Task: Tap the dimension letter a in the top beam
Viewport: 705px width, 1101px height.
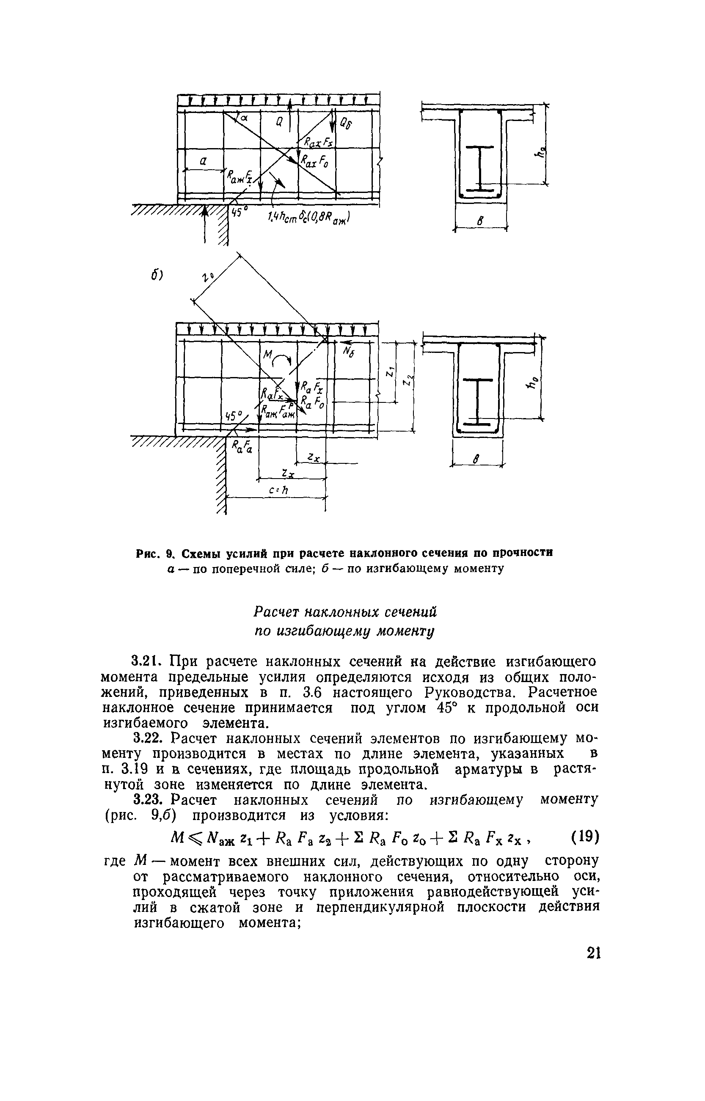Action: click(203, 161)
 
